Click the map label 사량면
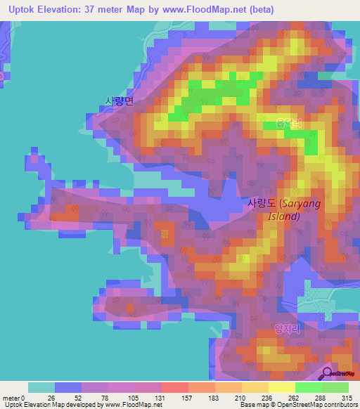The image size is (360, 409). click(x=119, y=101)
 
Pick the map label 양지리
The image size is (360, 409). click(x=307, y=327)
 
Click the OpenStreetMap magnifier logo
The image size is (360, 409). click(x=328, y=373)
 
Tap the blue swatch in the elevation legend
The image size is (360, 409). click(x=67, y=387)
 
